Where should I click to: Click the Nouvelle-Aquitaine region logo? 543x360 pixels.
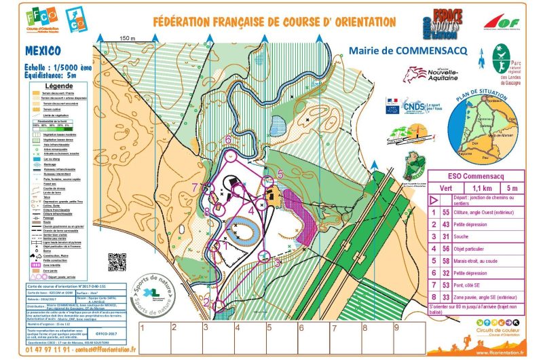(x=426, y=74)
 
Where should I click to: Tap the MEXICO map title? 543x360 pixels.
(x=43, y=51)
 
